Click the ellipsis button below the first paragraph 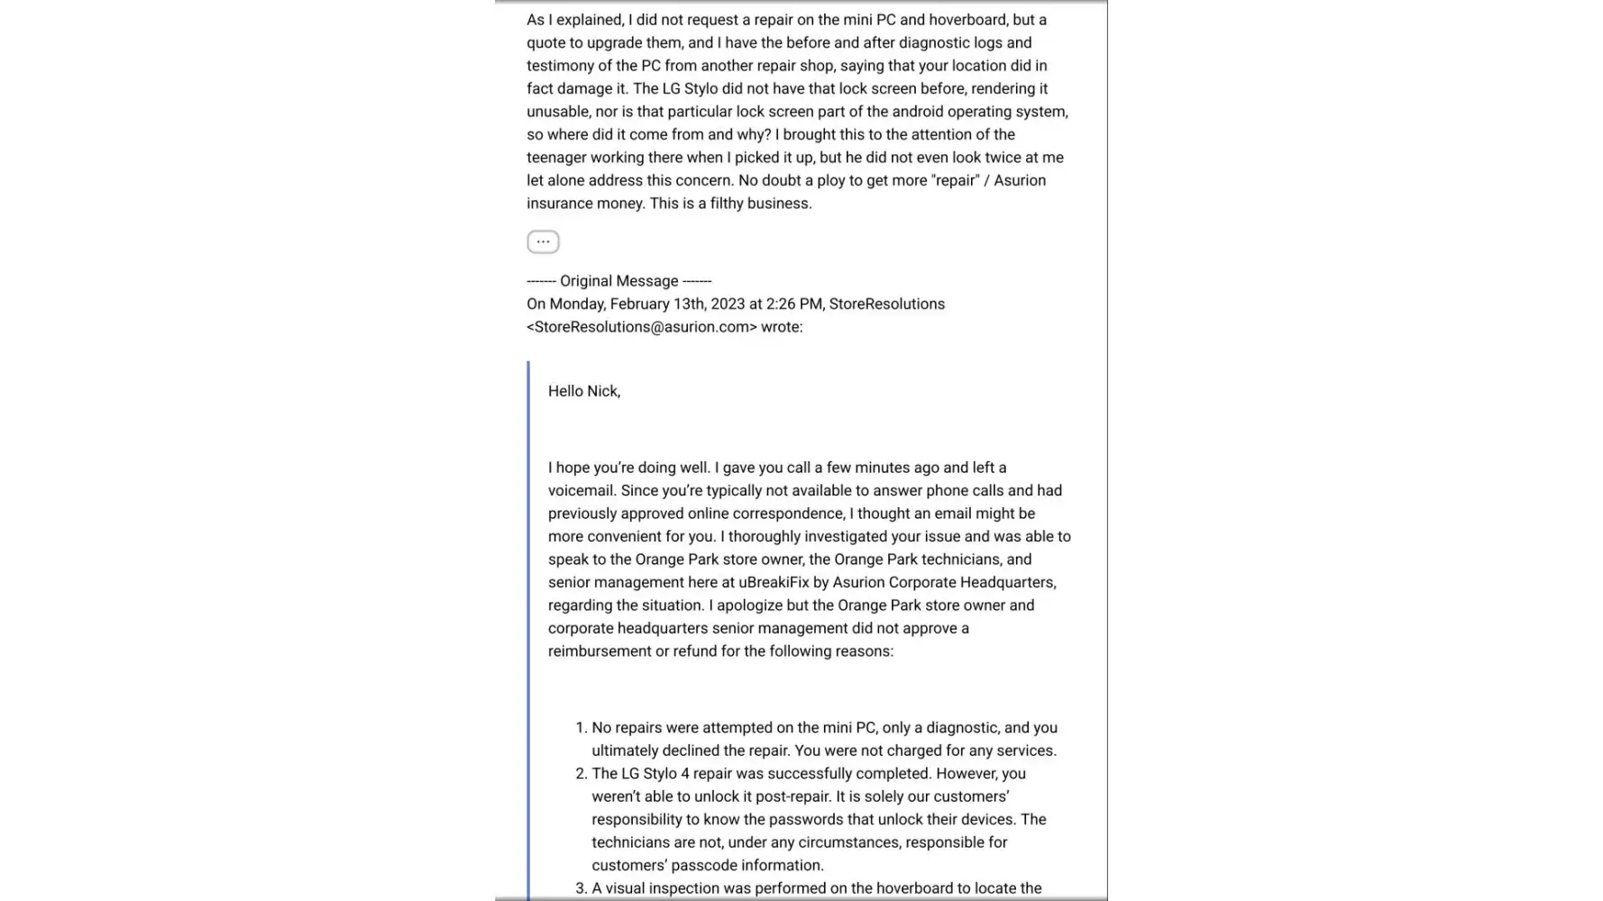pos(543,241)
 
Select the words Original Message pos(618,281)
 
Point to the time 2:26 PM pos(794,304)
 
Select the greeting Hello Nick pos(583,391)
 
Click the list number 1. pos(581,728)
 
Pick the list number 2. pos(581,774)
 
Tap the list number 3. pos(581,888)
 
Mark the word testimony pos(559,66)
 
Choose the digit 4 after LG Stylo pos(682,774)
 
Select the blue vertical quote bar pos(529,631)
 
